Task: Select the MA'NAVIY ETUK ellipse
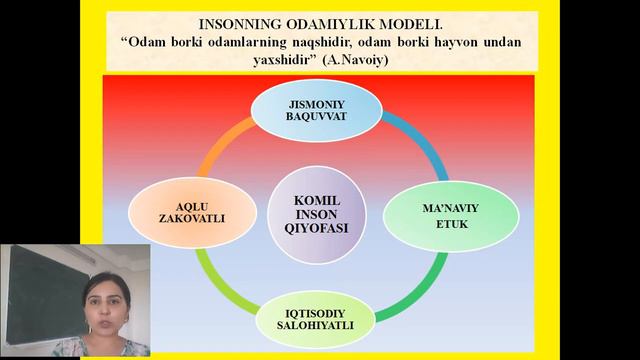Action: click(437, 215)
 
